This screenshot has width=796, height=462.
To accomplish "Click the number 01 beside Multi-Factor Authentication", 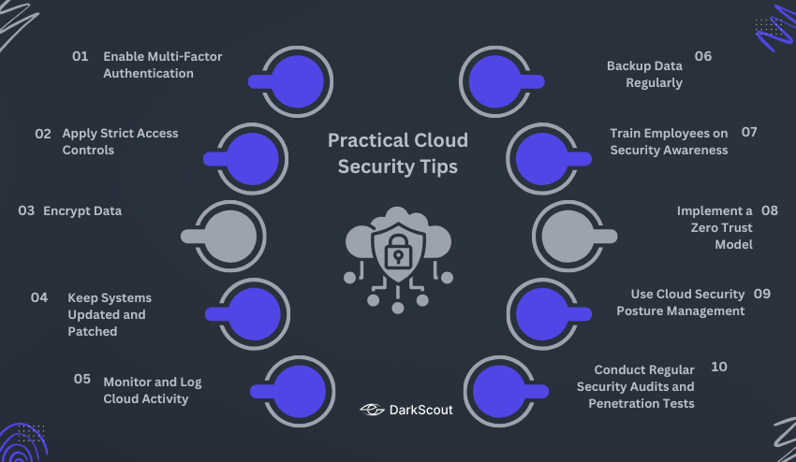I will point(80,56).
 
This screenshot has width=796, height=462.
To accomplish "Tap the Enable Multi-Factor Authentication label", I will point(162,65).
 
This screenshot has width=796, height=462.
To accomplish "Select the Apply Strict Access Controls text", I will point(120,141).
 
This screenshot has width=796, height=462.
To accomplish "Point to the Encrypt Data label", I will point(82,210).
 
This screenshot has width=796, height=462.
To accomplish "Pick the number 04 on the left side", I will point(39,297).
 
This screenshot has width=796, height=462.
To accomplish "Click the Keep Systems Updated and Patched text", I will point(109,314).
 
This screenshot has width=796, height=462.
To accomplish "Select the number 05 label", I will point(82,379).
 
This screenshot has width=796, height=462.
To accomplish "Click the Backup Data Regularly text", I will point(644,74).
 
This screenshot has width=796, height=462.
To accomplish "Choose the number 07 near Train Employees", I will point(749,132).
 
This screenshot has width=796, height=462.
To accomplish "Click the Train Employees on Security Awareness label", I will point(669,141).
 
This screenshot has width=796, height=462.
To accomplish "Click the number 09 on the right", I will point(762,294).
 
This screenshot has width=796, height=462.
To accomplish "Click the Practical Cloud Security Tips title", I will point(398,153).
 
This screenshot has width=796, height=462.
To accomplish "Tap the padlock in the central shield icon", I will point(398,253).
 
